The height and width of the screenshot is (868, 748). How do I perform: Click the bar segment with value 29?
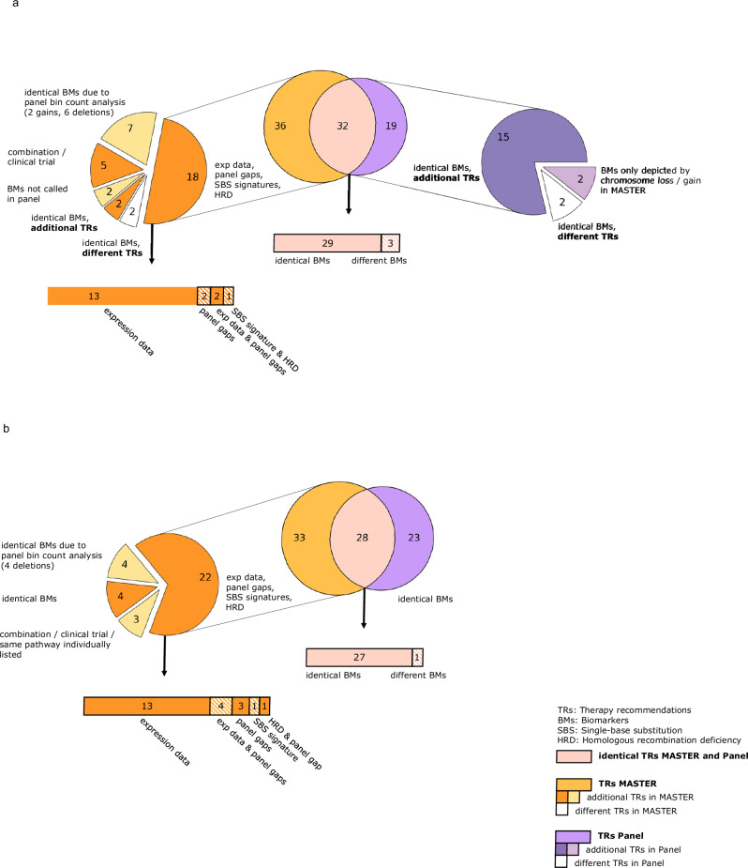coord(326,243)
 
